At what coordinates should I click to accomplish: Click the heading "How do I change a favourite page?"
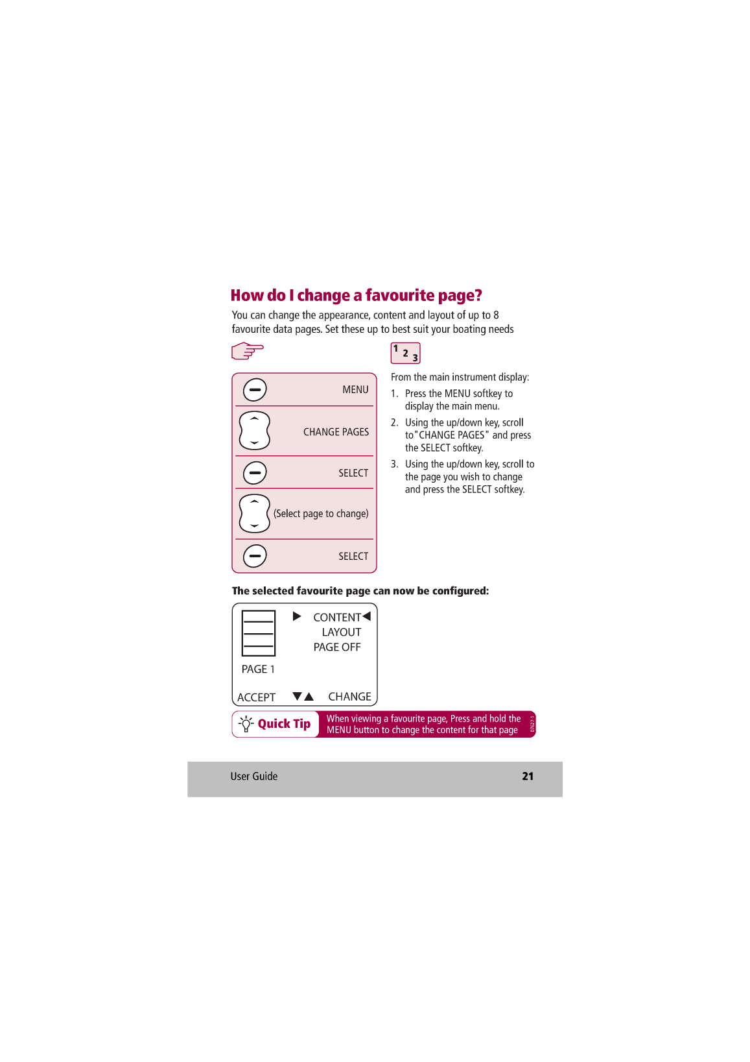(x=356, y=296)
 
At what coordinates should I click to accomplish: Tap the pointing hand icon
(x=247, y=351)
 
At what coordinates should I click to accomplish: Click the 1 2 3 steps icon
(x=405, y=353)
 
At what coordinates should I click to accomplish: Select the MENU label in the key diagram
(x=355, y=390)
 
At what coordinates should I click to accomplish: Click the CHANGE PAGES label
(x=336, y=432)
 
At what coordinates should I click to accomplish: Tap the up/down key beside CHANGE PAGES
(x=254, y=431)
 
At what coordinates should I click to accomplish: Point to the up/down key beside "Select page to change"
(x=254, y=514)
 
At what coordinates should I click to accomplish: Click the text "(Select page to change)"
(x=321, y=514)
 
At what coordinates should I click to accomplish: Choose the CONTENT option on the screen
(x=337, y=618)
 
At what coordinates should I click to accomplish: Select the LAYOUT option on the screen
(x=341, y=633)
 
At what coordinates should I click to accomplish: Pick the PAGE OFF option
(x=337, y=647)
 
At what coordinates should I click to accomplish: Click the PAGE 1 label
(x=258, y=670)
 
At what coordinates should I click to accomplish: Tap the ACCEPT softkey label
(x=256, y=697)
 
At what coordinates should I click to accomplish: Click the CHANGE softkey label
(x=349, y=697)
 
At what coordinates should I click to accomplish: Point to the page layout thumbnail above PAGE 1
(x=259, y=633)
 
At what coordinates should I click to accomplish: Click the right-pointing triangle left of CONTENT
(x=297, y=616)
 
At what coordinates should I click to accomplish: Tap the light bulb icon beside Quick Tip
(x=246, y=724)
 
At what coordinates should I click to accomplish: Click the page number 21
(x=528, y=777)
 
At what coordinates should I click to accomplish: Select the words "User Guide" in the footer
(x=253, y=777)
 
